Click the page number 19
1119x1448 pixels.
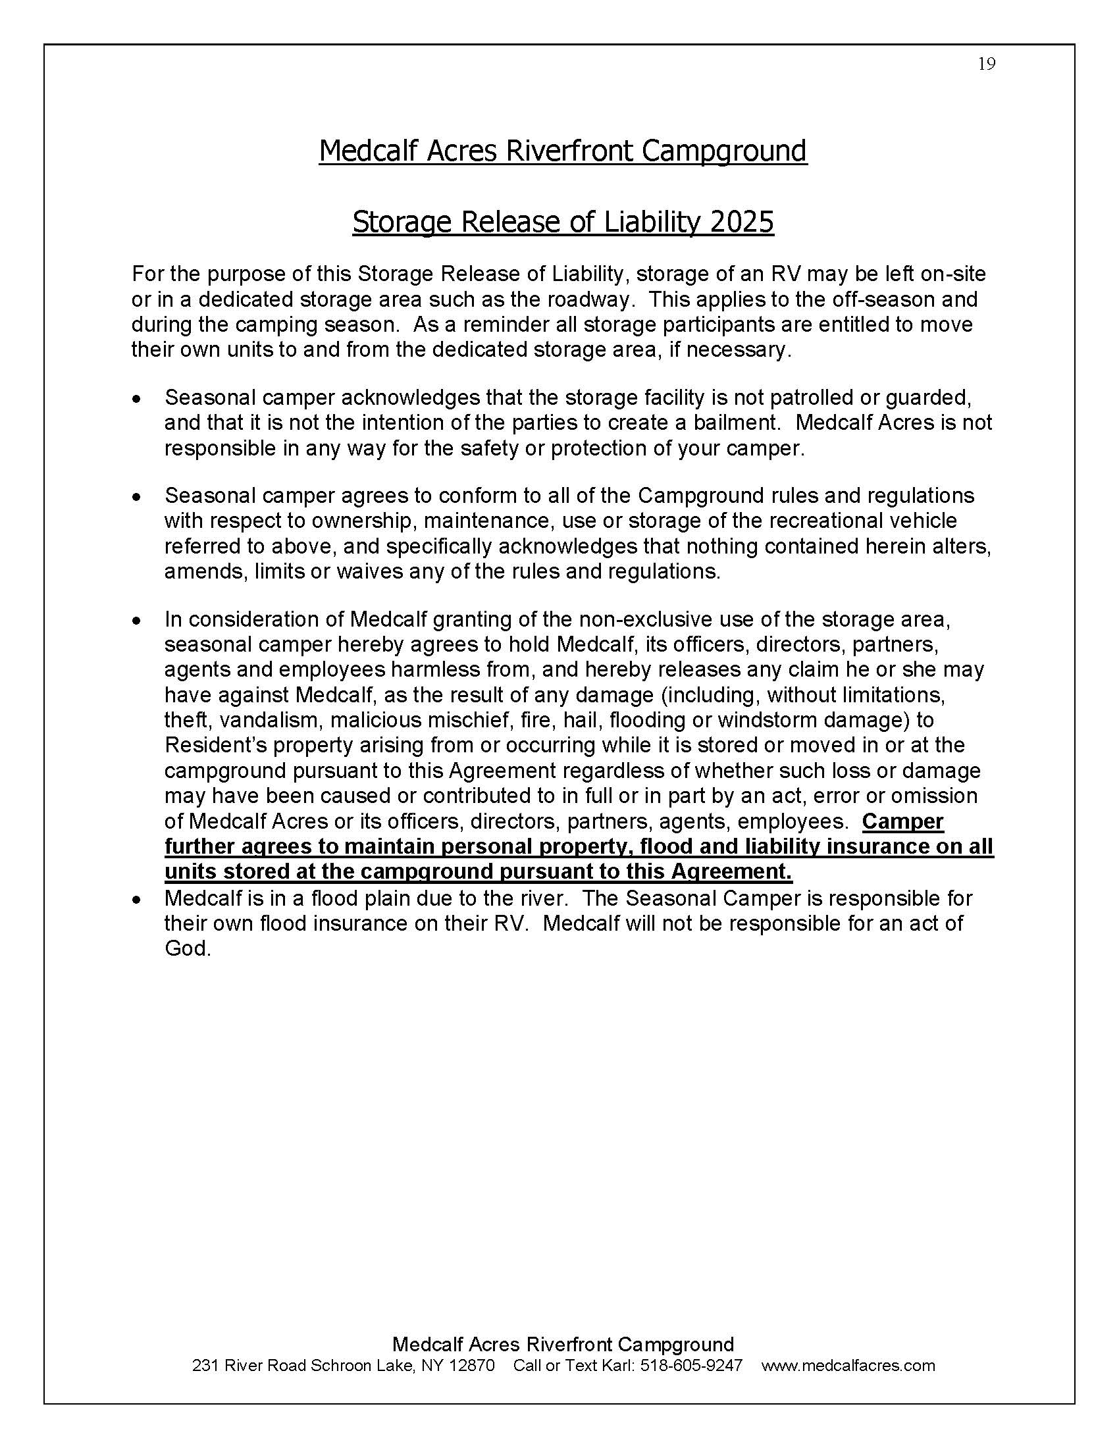tap(987, 64)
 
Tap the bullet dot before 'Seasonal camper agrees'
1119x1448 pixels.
tap(136, 496)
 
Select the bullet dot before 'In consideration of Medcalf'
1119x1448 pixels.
tap(136, 620)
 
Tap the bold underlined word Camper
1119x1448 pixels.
tap(902, 821)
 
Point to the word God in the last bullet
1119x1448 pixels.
tap(187, 948)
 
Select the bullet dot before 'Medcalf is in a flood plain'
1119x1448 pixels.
tap(136, 899)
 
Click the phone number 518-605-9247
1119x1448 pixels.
tap(690, 1365)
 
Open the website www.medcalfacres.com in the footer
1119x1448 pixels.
tap(848, 1365)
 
